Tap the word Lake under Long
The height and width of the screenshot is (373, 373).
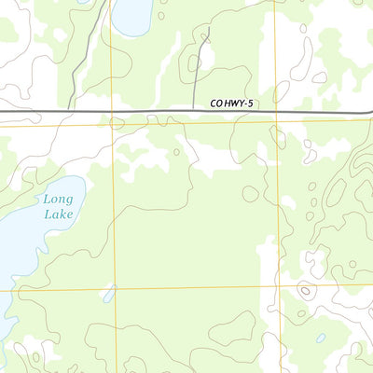[58, 214]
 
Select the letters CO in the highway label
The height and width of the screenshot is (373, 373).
[217, 104]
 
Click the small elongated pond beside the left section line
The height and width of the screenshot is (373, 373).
[109, 294]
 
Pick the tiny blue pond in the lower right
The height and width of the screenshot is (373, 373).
[321, 338]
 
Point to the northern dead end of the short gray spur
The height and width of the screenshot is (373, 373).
[208, 28]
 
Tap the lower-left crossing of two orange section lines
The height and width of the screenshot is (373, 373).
[114, 288]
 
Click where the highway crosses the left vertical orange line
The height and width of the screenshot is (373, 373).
[111, 112]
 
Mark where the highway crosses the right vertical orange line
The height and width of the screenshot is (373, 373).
[277, 111]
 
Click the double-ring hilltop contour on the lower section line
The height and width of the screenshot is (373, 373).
[306, 291]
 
